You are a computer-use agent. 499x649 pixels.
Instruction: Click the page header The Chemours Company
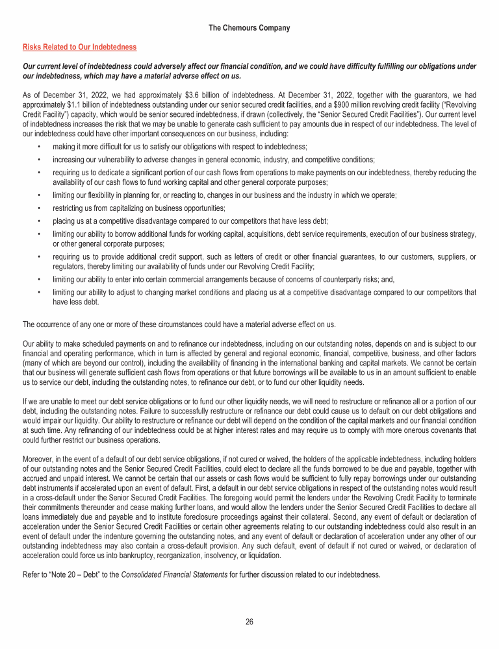pos(249,28)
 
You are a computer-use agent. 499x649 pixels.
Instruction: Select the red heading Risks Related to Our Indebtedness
pos(79,47)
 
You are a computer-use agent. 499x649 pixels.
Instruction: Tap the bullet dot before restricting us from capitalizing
pos(40,208)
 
